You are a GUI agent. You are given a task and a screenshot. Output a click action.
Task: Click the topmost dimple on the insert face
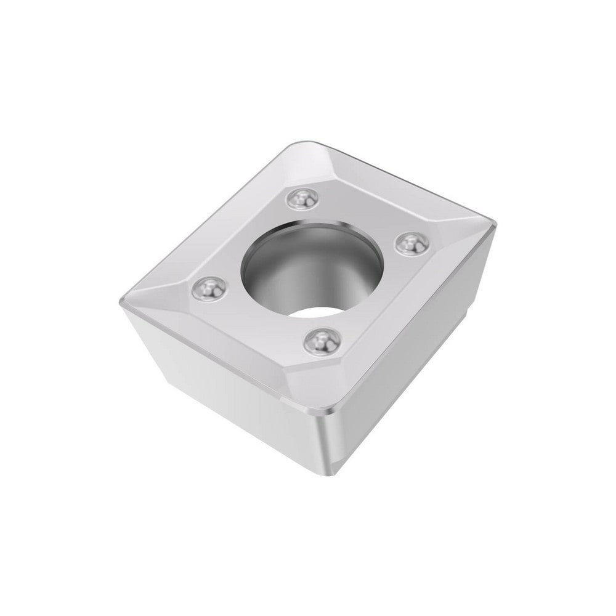(x=303, y=198)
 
